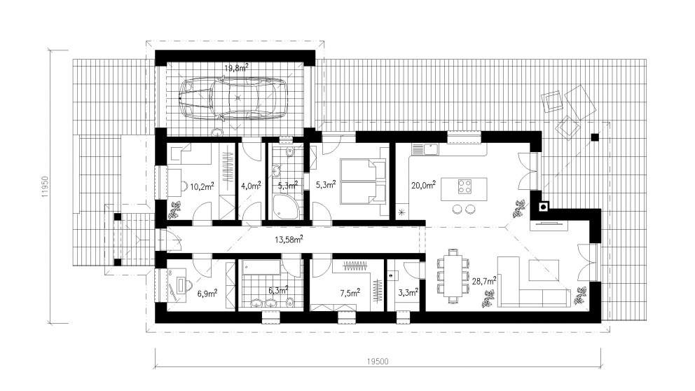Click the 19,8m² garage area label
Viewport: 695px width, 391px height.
pos(236,67)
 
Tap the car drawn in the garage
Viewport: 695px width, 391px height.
pos(233,98)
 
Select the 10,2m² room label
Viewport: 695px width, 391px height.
pos(202,186)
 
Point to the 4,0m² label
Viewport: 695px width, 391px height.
pos(251,186)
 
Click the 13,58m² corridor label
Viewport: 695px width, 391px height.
pos(289,240)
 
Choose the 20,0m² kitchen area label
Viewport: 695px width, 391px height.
pos(423,185)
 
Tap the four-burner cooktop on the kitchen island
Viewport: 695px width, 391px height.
pos(465,186)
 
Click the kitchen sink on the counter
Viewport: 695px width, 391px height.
pos(425,149)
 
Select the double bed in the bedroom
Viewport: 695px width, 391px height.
pos(363,180)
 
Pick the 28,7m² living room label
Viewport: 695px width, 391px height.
pos(484,280)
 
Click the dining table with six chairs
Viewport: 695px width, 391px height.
pos(453,276)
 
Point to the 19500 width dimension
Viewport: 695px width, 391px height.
pos(378,362)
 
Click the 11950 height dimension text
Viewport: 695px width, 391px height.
pos(45,186)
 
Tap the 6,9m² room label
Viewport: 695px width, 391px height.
pos(207,293)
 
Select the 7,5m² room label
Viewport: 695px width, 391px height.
pos(350,292)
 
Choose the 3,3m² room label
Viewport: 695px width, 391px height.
pos(408,292)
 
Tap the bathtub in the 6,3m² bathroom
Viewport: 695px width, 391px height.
pos(261,267)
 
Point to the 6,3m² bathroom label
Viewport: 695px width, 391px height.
pos(278,290)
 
